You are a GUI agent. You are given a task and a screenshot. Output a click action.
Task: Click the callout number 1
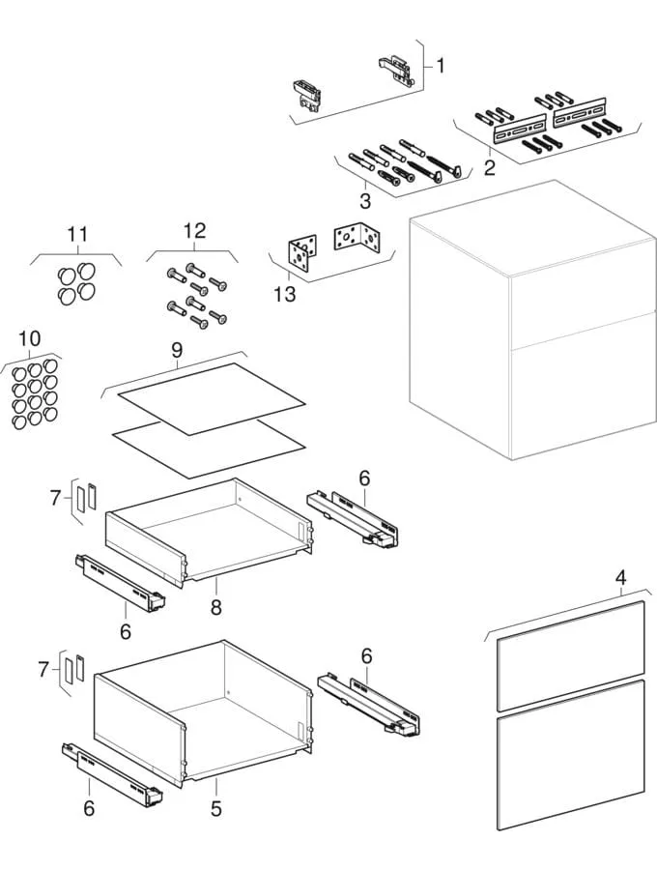click(x=441, y=67)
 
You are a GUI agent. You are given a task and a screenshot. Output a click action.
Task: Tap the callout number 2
click(x=490, y=168)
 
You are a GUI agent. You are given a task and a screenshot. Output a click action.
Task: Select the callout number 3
click(x=364, y=201)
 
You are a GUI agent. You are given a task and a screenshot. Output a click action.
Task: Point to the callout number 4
click(x=621, y=578)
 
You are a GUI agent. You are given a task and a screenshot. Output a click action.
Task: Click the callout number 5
click(x=216, y=807)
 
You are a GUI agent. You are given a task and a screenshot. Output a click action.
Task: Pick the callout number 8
click(x=216, y=607)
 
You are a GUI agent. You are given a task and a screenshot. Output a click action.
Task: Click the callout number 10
click(x=29, y=339)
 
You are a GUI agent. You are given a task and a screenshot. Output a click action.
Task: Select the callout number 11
click(x=77, y=235)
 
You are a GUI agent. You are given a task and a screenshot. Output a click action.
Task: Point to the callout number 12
click(x=194, y=230)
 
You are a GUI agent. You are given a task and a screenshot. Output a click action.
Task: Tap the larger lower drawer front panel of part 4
click(x=570, y=754)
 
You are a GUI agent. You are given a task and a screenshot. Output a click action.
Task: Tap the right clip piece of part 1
click(x=395, y=68)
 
